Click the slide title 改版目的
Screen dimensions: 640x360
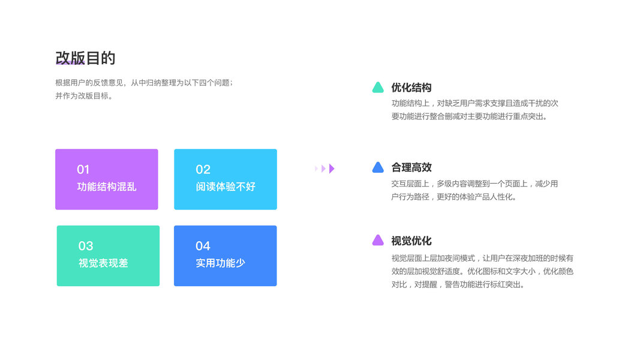point(85,58)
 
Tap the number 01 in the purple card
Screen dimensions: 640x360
point(83,170)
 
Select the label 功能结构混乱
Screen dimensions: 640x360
point(107,187)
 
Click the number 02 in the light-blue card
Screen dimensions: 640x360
point(203,170)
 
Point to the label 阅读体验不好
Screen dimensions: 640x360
point(226,187)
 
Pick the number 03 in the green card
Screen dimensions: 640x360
point(86,246)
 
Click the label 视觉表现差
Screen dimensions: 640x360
point(103,263)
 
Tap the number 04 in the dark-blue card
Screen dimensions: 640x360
point(203,246)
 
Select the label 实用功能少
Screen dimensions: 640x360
point(220,263)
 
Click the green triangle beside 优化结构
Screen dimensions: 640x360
point(378,88)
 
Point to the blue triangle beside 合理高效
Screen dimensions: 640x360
point(378,168)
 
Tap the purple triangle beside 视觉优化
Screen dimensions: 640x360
point(378,241)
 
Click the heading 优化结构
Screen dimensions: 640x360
point(411,88)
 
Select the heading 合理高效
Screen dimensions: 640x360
point(411,167)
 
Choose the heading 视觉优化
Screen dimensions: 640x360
point(411,241)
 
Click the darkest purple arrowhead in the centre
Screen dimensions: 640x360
point(332,169)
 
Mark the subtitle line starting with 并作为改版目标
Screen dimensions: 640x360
point(84,96)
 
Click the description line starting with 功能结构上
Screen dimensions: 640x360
point(474,103)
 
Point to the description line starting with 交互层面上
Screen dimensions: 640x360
point(474,184)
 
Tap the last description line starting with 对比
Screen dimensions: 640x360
point(458,284)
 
